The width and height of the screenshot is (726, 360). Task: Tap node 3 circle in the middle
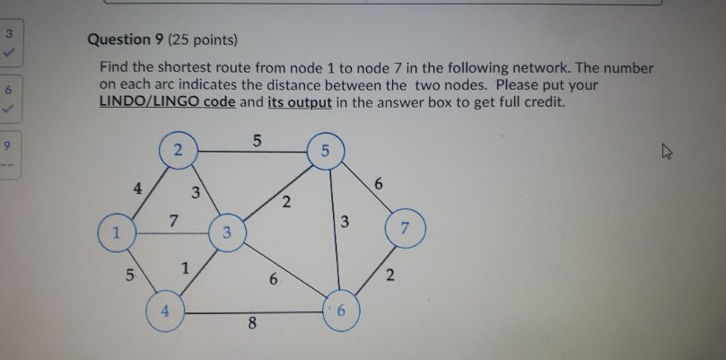(227, 233)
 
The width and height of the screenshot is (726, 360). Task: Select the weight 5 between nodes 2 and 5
(258, 140)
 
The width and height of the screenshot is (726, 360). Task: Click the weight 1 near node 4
(185, 268)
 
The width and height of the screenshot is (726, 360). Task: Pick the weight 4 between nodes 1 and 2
(136, 189)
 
